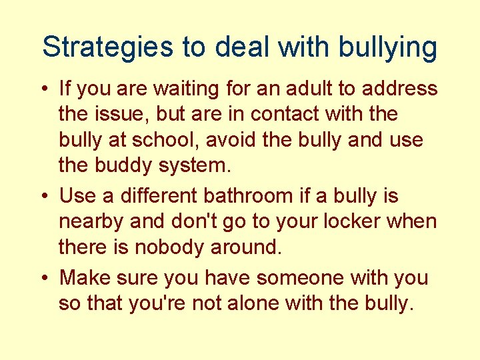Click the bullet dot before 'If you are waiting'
[45, 89]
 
